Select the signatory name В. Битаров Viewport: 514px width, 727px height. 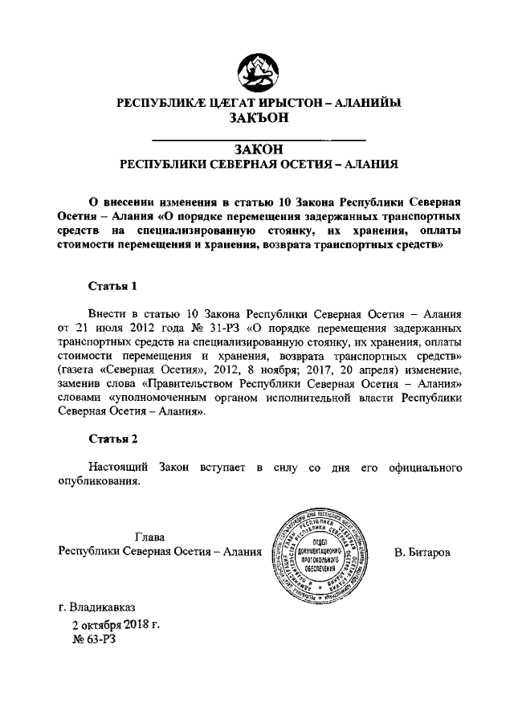click(423, 553)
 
